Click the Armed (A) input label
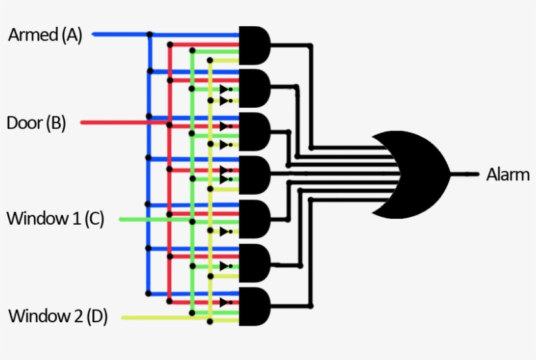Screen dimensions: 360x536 coord(45,35)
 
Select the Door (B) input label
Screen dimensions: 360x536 coord(36,123)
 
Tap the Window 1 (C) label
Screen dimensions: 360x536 coord(55,218)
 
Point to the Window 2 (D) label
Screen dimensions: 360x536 coord(58,317)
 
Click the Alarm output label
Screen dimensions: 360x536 coord(508,174)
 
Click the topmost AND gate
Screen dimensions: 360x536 coord(255,44)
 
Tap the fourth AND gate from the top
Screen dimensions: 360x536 coord(255,174)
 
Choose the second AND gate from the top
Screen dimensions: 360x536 coord(255,88)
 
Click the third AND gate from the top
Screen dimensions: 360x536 coord(255,131)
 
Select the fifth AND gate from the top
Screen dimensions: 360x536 coord(255,218)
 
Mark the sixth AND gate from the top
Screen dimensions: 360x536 coord(255,263)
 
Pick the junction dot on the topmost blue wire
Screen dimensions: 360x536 coord(150,34)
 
